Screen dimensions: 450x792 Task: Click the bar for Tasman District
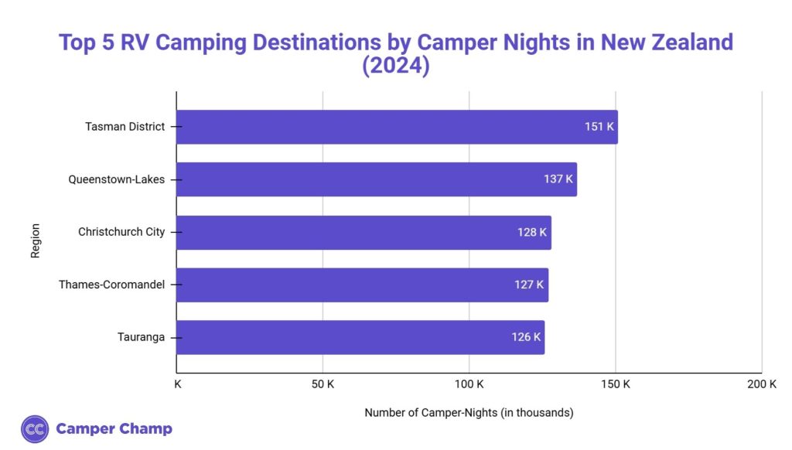coord(396,127)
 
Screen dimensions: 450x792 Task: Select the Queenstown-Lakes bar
coord(376,179)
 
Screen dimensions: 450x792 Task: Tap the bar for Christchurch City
coord(364,232)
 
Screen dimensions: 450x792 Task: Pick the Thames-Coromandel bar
coord(362,285)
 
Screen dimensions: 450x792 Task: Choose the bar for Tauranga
coord(360,337)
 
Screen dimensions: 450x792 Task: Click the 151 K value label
coord(599,127)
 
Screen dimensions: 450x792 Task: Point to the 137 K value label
coord(558,179)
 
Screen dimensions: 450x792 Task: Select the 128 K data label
coord(532,232)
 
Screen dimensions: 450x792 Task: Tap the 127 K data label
coord(529,285)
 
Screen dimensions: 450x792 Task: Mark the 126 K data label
coord(526,337)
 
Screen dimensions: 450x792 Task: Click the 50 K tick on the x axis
coord(322,384)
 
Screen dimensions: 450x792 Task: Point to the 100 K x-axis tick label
coord(469,384)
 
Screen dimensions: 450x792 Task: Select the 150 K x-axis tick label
coord(615,384)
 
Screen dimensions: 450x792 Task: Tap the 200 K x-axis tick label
coord(762,384)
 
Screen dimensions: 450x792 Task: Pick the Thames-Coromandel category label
coord(112,285)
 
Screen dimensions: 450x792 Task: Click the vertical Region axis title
coord(36,240)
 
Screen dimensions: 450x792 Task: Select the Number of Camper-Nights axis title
coord(469,413)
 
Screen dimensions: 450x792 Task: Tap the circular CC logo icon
coord(36,429)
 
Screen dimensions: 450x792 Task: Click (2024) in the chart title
coord(396,66)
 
